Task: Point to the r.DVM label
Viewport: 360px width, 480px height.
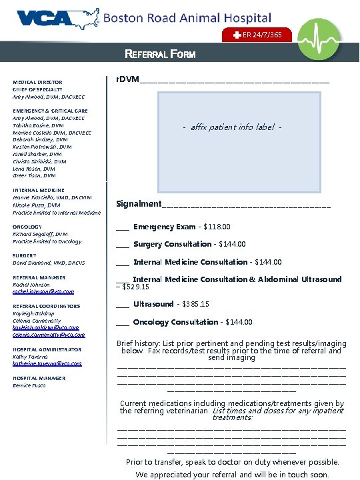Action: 127,79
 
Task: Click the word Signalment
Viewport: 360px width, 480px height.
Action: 139,203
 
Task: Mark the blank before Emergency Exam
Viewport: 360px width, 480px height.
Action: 123,228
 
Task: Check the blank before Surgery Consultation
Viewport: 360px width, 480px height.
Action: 123,245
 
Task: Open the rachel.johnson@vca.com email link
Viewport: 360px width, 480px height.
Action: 43,291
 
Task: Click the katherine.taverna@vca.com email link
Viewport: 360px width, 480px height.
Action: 47,363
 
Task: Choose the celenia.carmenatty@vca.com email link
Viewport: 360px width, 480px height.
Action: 48,335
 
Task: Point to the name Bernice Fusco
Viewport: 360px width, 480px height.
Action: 32,385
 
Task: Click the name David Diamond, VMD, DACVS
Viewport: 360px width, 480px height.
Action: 49,263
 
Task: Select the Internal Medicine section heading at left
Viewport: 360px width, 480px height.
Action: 39,190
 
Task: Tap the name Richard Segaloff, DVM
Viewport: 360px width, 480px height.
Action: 40,234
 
